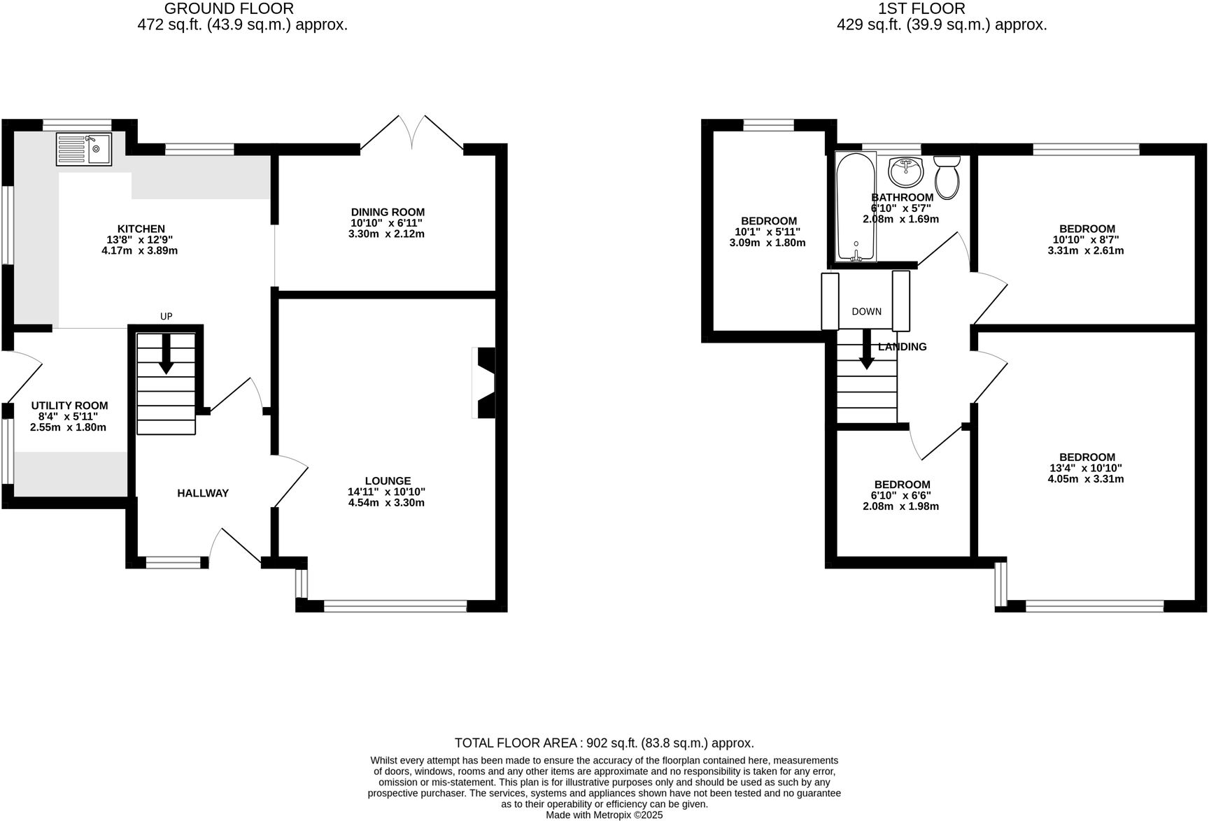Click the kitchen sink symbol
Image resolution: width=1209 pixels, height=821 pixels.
tap(84, 149)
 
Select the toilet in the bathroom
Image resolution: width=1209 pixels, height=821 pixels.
tap(948, 176)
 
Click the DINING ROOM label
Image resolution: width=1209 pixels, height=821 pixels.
tap(388, 212)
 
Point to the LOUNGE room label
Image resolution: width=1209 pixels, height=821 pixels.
tap(388, 480)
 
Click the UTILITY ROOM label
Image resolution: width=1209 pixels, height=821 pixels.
tap(69, 405)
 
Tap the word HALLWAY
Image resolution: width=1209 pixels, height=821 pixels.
tap(203, 493)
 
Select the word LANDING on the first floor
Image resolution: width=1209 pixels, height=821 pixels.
tap(902, 347)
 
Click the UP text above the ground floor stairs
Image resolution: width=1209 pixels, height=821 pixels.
tap(166, 316)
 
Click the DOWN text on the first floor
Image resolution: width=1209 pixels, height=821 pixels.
tap(866, 311)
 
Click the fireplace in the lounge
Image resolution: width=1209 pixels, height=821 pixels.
tap(485, 383)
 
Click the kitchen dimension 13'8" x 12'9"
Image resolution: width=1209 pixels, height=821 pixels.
tap(141, 239)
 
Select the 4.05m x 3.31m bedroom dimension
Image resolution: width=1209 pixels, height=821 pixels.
tap(1085, 479)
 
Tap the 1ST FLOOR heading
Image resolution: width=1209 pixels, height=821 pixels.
tap(921, 8)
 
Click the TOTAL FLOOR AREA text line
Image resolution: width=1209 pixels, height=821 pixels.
tap(604, 743)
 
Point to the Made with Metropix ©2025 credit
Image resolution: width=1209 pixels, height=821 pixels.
tap(604, 815)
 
